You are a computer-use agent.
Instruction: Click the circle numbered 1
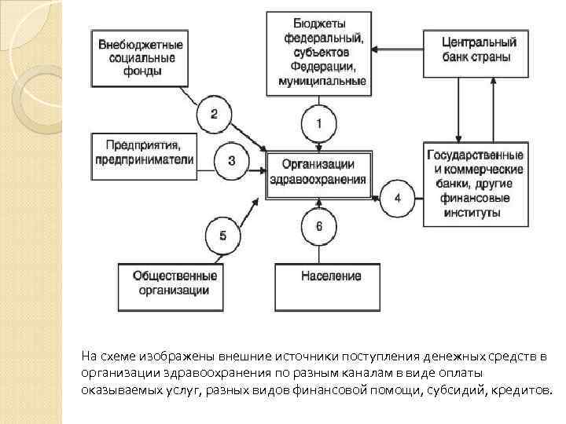[x=318, y=123]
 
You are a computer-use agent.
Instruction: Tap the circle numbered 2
[x=214, y=115]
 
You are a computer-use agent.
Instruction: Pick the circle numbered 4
[x=398, y=198]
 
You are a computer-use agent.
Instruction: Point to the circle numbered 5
[x=222, y=235]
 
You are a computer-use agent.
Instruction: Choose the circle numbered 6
[x=318, y=226]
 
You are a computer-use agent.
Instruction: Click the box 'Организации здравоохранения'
[x=318, y=171]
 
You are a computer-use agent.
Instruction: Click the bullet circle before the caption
[x=73, y=356]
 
